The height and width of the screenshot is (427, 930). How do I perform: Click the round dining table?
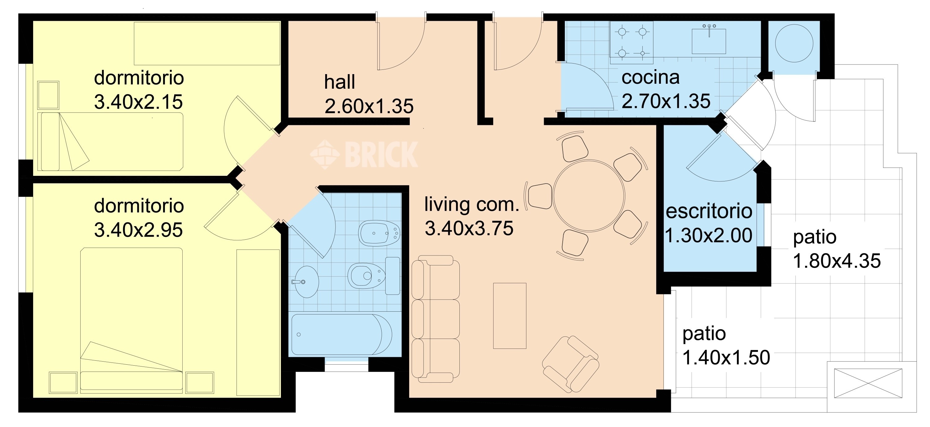pos(589,195)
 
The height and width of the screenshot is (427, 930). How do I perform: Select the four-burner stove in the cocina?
pos(632,42)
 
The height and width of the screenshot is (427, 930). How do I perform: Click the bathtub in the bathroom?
pos(342,334)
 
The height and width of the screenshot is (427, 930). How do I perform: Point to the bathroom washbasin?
pos(306,282)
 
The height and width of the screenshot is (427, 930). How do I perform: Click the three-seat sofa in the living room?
pos(436,319)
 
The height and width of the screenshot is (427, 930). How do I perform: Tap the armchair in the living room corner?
pos(571,364)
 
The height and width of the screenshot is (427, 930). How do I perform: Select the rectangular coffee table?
pos(510,316)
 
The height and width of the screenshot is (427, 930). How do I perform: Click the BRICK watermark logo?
pos(364,154)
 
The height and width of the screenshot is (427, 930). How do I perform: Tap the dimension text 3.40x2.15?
pos(138,102)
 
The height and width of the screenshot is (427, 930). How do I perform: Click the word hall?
pos(339,82)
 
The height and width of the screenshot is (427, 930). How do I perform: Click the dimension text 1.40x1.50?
pos(726,358)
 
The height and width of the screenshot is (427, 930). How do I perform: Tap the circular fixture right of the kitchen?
pos(794,43)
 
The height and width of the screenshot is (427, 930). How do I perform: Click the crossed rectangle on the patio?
pos(868,383)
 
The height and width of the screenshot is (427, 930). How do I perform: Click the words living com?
pos(472,204)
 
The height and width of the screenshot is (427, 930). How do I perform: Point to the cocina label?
pos(651,77)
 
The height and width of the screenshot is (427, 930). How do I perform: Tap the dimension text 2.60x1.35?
pos(369,106)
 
